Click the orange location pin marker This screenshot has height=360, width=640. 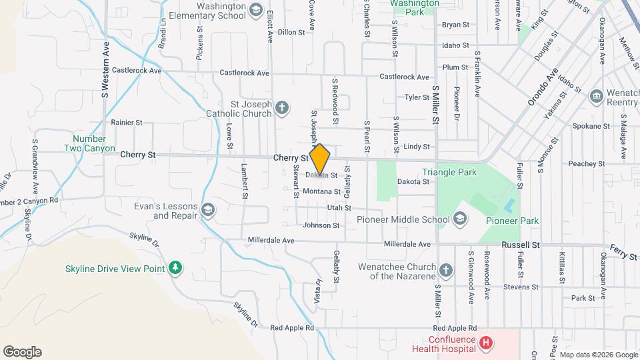pos(320,159)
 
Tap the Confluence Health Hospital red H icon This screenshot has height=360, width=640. pos(487,343)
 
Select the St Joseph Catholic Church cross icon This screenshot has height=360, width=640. pos(282,108)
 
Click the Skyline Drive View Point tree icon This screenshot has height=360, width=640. pos(175,267)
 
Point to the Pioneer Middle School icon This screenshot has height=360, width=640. pos(459,219)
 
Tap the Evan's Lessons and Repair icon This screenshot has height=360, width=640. pos(208,211)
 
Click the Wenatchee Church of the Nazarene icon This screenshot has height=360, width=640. pos(446,271)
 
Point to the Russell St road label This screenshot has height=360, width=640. pos(520,245)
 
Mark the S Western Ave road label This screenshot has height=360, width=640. pos(105,69)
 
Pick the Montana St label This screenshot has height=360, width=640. pos(321,191)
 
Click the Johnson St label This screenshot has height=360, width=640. pos(321,225)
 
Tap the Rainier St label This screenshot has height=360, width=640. pos(127,123)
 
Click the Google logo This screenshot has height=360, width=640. pos(22,352)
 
